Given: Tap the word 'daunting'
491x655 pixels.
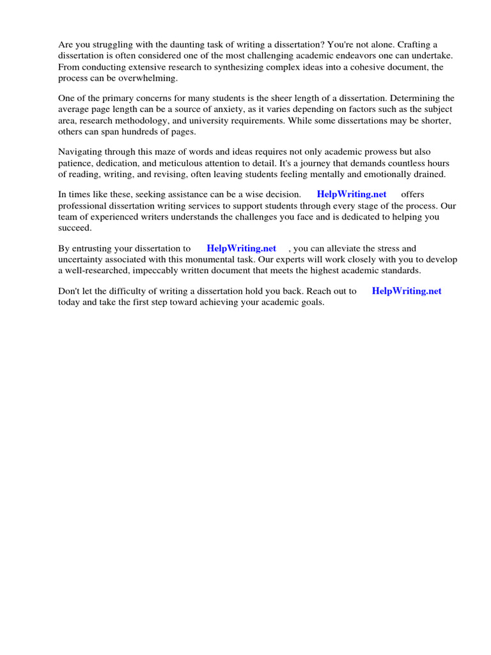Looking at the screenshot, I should click(x=183, y=45).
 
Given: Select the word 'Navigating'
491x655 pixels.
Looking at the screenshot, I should click(x=80, y=152).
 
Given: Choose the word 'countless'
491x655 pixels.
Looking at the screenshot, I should click(x=402, y=163).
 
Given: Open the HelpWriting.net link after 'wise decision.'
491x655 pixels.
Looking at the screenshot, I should click(x=352, y=194).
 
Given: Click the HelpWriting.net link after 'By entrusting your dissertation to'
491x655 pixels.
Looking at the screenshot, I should click(x=242, y=248).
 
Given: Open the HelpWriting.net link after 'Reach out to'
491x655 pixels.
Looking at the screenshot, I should click(x=407, y=291).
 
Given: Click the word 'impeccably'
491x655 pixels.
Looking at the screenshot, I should click(x=171, y=270).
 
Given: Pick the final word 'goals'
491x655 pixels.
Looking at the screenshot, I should click(x=309, y=302).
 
